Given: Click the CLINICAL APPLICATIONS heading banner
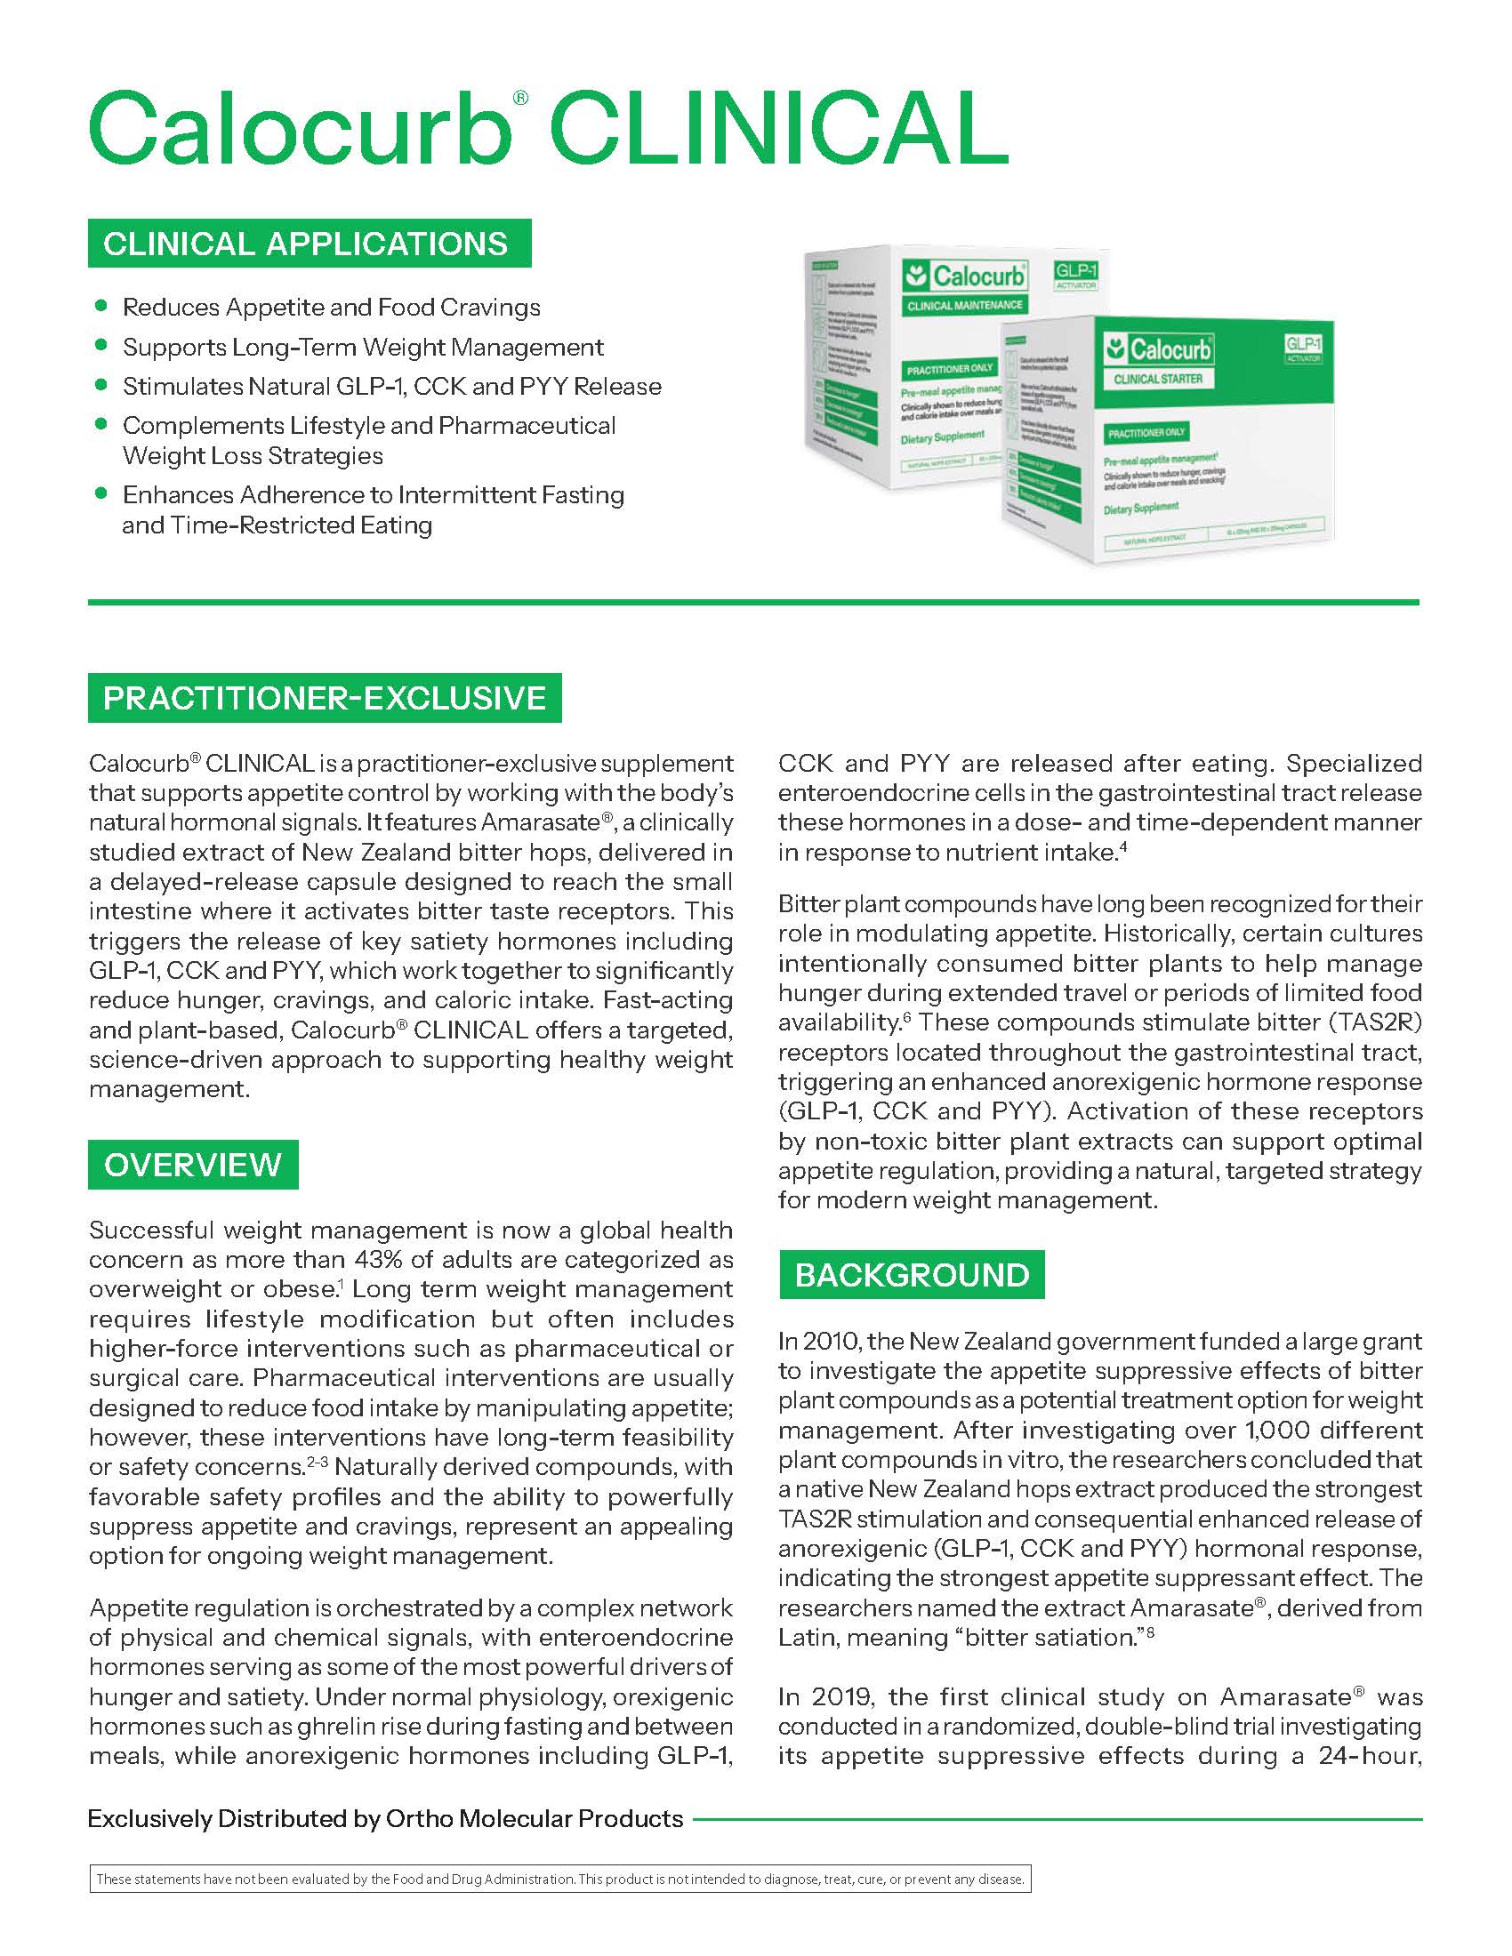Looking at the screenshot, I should point(309,244).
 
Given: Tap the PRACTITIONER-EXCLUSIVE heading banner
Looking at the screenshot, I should point(325,698).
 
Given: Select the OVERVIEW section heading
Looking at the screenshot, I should point(193,1165).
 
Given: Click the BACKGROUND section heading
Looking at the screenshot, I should point(912,1274).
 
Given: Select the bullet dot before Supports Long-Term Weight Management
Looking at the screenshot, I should point(101,346).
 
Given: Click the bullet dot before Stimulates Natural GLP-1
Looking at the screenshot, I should point(101,385).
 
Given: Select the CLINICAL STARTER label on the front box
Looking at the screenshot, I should point(1157,379).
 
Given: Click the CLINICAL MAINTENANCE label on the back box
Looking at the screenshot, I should point(964,305).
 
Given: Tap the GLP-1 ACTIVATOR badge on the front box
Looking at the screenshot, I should point(1303,349).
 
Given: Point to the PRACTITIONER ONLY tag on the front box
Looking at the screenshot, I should point(1146,433).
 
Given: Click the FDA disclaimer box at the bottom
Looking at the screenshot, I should point(559,1879).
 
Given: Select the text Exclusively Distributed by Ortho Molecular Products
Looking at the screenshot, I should point(385,1819).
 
